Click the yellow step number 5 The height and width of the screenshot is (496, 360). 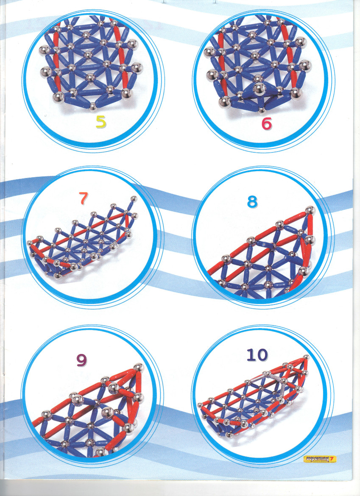[x=101, y=122]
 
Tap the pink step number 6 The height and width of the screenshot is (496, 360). [x=266, y=123]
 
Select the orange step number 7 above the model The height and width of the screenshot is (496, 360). [x=83, y=198]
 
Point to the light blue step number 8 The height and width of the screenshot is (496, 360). [x=252, y=201]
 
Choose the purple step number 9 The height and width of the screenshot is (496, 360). [x=81, y=360]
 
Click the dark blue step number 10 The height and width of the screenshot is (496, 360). [x=257, y=355]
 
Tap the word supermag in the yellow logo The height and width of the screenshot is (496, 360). [x=316, y=459]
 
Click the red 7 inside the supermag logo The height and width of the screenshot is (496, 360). [x=332, y=459]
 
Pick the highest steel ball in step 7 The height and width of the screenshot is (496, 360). [x=134, y=199]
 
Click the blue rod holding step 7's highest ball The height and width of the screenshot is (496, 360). [x=130, y=206]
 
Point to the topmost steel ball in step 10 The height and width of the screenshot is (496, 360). [x=306, y=357]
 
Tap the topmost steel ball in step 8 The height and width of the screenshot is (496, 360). [x=310, y=210]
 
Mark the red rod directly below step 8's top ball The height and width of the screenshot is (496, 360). [x=310, y=225]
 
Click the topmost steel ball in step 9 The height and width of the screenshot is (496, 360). [x=138, y=368]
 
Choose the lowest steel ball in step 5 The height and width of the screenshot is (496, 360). [x=93, y=106]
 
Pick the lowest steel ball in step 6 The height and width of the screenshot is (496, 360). [x=262, y=110]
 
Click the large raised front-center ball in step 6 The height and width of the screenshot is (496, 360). [x=259, y=88]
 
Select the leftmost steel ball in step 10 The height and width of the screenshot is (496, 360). [x=200, y=405]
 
